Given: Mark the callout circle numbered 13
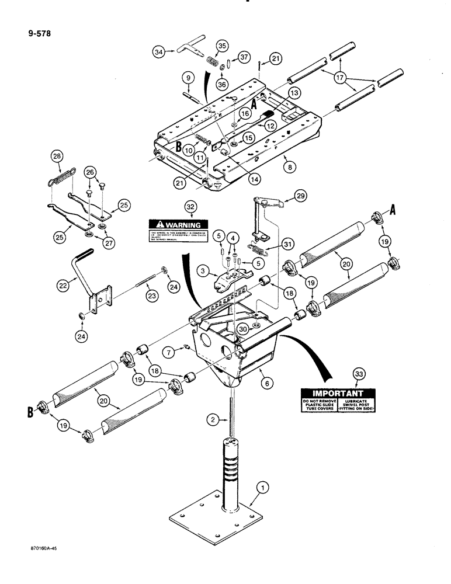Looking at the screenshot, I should click(293, 93).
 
